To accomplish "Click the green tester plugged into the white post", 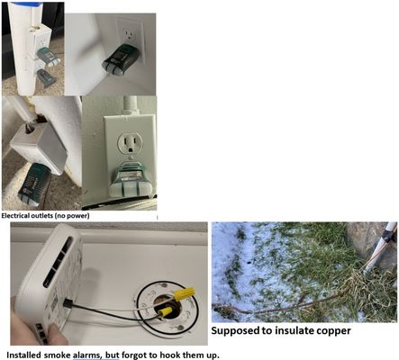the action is pos(48,56).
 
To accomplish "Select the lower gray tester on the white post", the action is pos(46,77).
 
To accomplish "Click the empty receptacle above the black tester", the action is pos(131,35).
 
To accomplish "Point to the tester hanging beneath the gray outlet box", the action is pos(32,184).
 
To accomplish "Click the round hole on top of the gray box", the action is pos(29,130).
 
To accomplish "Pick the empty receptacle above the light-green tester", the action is pos(130,143).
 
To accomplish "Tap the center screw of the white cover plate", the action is pos(130,157).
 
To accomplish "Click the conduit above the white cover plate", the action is pos(130,105).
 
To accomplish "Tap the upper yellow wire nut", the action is pos(184,294).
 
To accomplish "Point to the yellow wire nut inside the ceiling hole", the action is pos(166,311).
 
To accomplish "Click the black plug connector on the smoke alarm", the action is pos(67,303).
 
